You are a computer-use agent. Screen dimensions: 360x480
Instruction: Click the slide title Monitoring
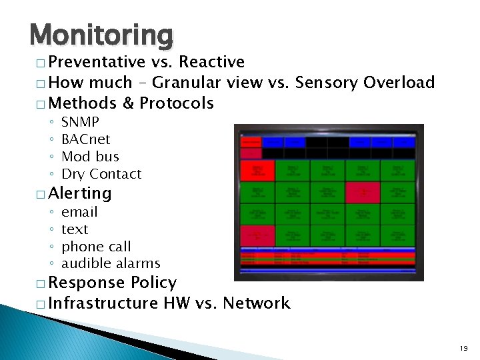pos(101,34)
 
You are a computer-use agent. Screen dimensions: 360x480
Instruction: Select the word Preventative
pos(97,63)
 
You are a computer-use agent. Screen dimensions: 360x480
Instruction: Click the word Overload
pos(399,83)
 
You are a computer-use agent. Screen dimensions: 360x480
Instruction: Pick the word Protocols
pos(177,103)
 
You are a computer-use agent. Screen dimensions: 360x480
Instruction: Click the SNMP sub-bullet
pos(80,122)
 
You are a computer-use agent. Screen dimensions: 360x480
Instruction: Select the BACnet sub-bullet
pos(85,139)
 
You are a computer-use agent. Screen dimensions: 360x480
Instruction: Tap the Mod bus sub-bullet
pos(90,157)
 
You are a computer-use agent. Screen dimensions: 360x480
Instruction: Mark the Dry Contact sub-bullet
pos(101,174)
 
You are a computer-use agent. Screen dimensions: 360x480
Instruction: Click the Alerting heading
pos(80,193)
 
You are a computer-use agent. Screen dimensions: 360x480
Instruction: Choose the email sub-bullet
pos(79,212)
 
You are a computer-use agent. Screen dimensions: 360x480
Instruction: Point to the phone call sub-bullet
pos(96,247)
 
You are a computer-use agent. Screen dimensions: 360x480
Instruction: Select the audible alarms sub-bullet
pos(111,263)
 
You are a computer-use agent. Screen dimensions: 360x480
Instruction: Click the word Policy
pos(154,283)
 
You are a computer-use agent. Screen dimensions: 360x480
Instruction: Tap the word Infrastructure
pos(103,303)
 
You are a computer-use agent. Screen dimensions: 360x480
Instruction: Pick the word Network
pos(257,303)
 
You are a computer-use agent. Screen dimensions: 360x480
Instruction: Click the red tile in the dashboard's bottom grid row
pos(257,235)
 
